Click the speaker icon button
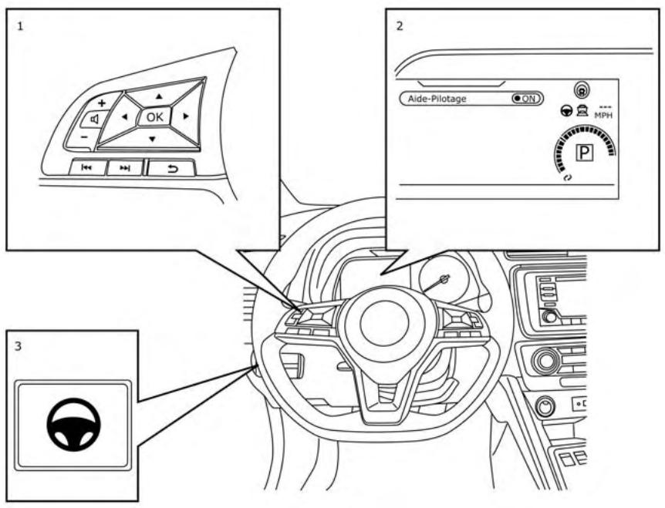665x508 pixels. [x=93, y=119]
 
